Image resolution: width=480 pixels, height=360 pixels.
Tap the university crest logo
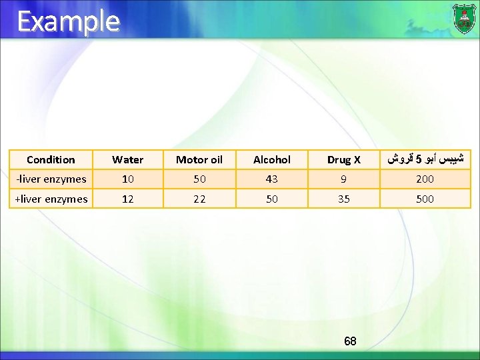[464, 18]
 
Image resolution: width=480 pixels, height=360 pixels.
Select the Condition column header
[51, 160]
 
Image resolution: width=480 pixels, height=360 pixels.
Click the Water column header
[127, 160]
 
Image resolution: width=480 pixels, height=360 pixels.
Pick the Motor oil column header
[199, 160]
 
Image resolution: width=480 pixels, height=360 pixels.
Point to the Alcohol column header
[272, 160]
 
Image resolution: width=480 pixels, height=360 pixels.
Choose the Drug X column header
[343, 160]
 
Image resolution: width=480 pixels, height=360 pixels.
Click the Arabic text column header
[425, 160]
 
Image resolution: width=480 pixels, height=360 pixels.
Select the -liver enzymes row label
[51, 179]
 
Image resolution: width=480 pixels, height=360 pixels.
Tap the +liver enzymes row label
[51, 199]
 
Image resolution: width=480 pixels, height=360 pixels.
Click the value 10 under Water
[127, 179]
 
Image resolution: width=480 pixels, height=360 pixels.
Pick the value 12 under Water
[127, 199]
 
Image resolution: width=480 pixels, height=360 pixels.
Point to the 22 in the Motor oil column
[199, 199]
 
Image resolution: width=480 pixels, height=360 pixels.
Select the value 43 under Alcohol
[272, 179]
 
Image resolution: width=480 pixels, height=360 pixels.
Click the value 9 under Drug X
[343, 179]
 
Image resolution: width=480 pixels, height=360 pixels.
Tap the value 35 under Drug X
[343, 199]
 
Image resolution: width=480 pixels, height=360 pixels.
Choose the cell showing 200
[425, 179]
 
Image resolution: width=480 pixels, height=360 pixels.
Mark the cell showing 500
[425, 199]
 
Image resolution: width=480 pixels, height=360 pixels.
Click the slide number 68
[350, 341]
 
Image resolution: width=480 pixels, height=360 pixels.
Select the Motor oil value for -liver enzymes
[199, 179]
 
